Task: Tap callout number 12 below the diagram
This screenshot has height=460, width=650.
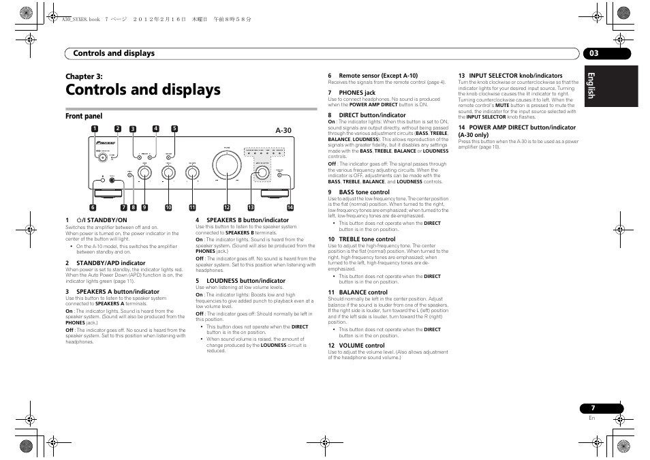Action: [x=227, y=208]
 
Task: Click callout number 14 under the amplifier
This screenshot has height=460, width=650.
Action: [x=290, y=208]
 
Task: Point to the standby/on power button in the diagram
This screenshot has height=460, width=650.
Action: [x=102, y=158]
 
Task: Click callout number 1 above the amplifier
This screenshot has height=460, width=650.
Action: [x=95, y=129]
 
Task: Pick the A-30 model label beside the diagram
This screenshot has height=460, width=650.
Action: [x=283, y=130]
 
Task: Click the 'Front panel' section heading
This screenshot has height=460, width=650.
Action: [x=84, y=117]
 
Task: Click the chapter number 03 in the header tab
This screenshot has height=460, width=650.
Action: [x=593, y=53]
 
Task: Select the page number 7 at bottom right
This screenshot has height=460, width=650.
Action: [x=592, y=408]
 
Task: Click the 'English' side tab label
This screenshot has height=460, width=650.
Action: [x=591, y=85]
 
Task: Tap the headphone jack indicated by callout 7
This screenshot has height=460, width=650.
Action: [x=112, y=180]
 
